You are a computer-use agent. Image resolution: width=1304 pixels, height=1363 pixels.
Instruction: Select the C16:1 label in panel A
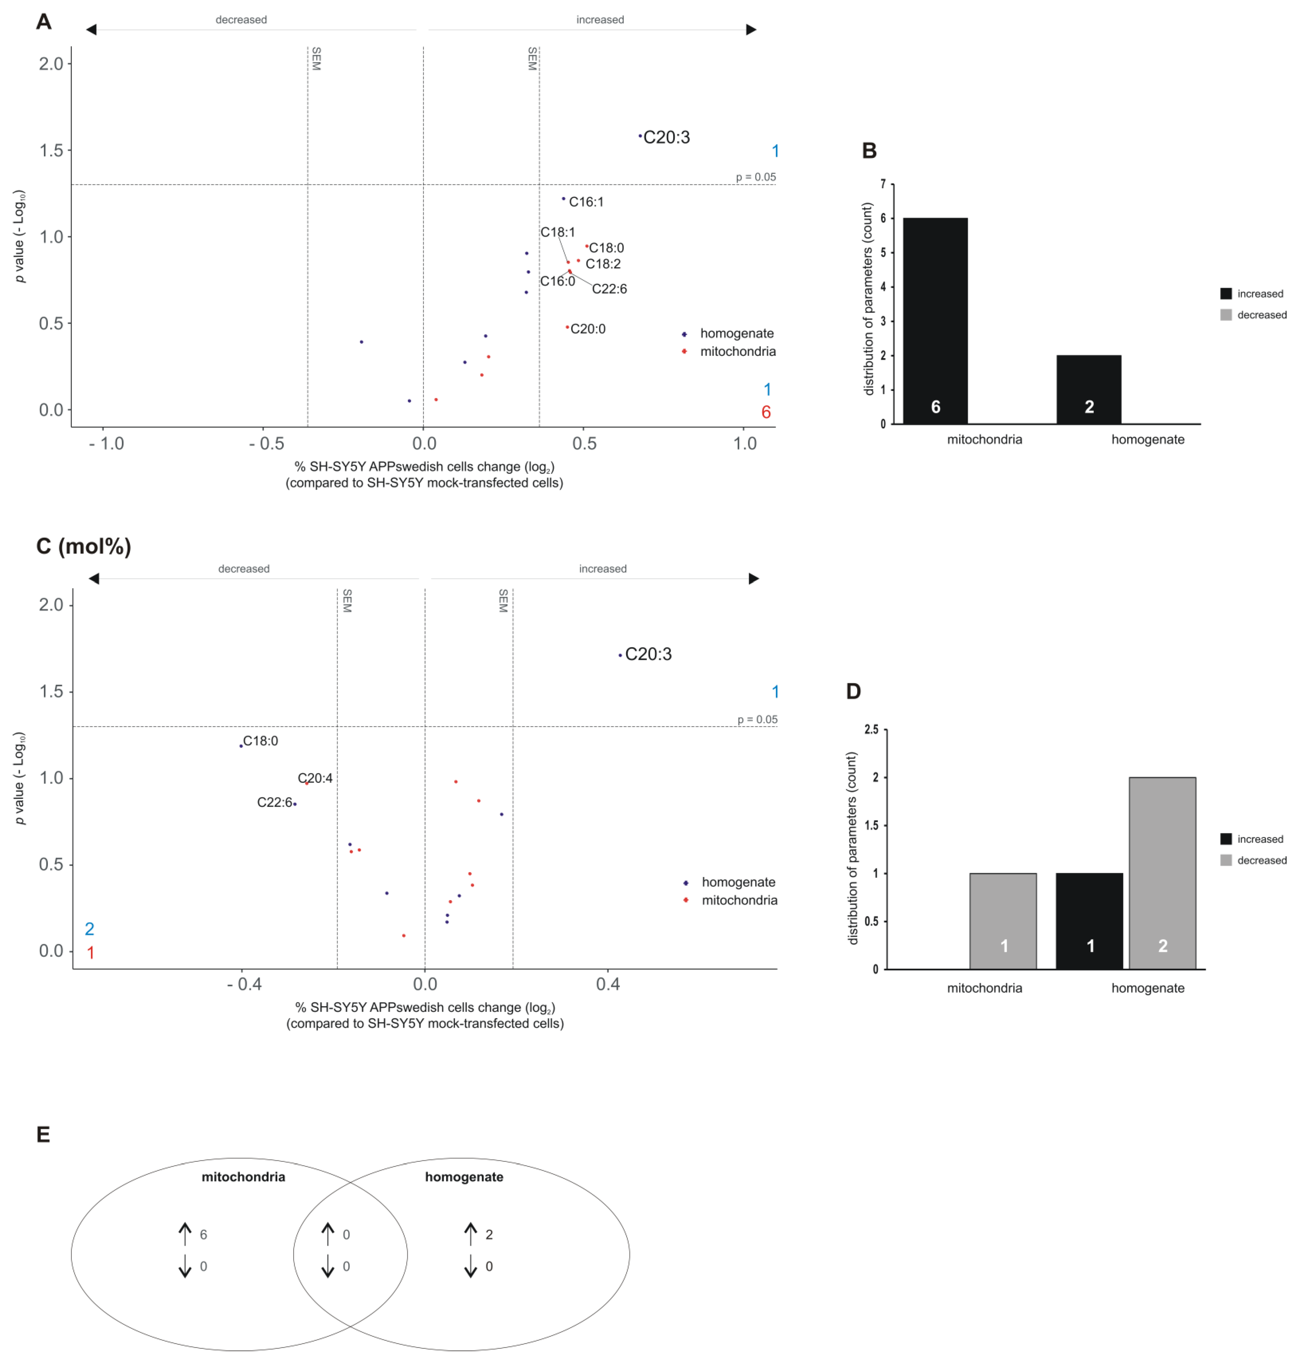[x=586, y=202]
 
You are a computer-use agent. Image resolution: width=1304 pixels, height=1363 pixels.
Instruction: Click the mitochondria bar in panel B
[x=935, y=321]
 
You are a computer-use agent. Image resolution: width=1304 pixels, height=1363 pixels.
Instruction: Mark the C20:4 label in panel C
[x=315, y=778]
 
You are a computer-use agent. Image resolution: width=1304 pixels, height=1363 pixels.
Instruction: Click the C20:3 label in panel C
[x=648, y=654]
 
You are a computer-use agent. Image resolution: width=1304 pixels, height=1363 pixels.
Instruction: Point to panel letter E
[x=43, y=1135]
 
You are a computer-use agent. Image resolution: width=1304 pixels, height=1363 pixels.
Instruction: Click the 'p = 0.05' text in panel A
[x=755, y=177]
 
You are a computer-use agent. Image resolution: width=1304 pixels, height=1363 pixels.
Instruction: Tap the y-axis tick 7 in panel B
[x=883, y=184]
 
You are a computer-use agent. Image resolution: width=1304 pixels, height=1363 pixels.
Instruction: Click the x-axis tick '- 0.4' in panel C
[x=244, y=984]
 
